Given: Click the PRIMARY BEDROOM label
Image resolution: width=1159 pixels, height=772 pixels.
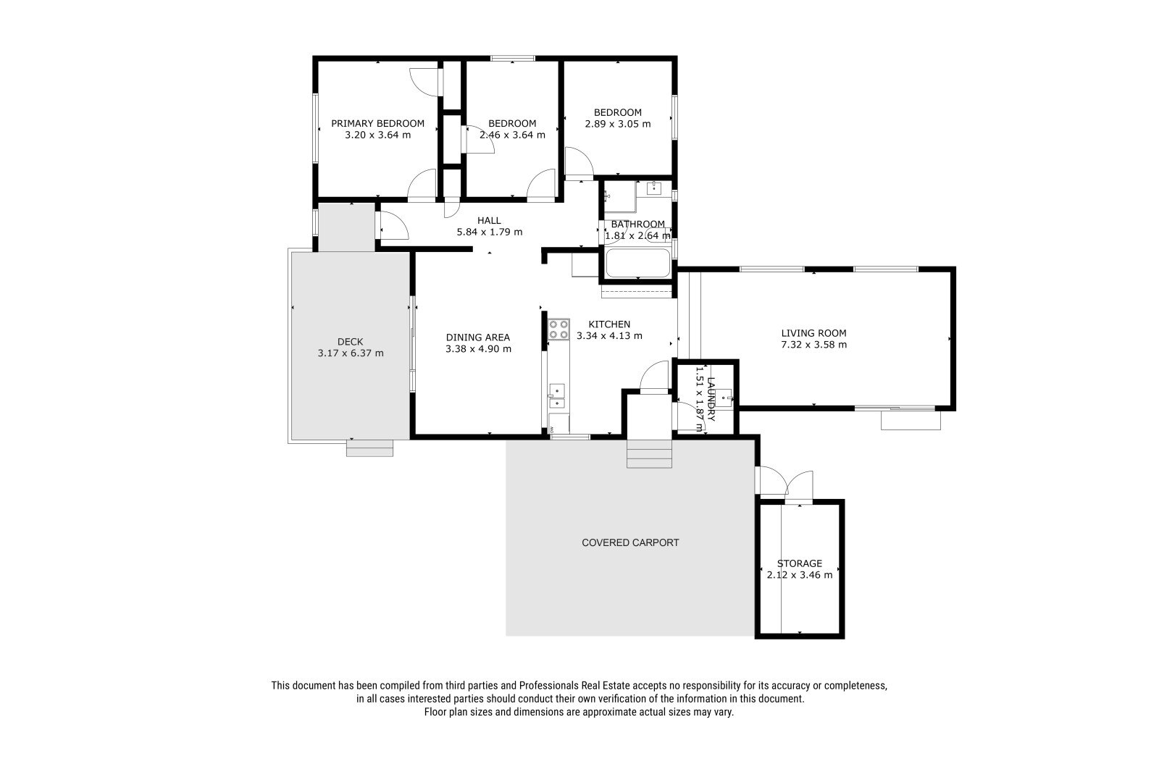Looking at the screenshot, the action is click(x=377, y=124).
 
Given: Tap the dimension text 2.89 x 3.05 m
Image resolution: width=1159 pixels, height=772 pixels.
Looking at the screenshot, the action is click(x=618, y=124).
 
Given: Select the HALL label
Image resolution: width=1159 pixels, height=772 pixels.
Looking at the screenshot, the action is click(x=489, y=221).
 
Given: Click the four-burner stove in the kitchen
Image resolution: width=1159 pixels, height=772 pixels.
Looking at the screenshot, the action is click(x=558, y=330).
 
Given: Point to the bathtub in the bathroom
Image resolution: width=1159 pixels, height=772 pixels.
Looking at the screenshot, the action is click(x=637, y=264).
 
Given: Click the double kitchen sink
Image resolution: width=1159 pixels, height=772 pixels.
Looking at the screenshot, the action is click(x=557, y=397).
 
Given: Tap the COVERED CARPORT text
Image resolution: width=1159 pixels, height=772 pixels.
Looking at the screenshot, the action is click(x=630, y=542).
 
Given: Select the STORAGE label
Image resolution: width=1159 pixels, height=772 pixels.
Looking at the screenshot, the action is click(x=800, y=563).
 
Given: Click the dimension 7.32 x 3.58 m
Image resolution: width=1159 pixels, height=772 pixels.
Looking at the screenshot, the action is click(x=814, y=345).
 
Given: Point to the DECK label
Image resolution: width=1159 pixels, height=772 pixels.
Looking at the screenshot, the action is click(x=351, y=342).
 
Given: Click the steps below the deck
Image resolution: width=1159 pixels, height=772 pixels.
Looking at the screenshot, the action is click(x=369, y=448).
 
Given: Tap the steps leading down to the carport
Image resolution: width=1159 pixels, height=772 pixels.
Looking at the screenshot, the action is click(x=649, y=454).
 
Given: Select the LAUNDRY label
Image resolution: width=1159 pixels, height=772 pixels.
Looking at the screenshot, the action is click(x=711, y=399).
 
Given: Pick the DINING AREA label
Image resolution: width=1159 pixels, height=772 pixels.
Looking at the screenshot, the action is click(x=478, y=337).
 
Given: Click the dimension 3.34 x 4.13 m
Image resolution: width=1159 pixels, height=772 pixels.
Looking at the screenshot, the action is click(x=609, y=336).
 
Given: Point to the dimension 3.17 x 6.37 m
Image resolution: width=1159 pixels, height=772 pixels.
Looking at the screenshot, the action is click(x=351, y=353).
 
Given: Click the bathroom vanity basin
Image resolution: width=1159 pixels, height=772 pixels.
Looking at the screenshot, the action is click(x=654, y=188).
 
